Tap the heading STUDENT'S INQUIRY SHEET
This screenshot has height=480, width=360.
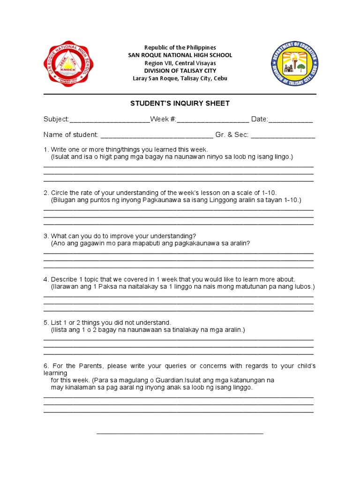pyautogui.click(x=180, y=104)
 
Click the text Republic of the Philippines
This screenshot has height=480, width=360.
pyautogui.click(x=180, y=47)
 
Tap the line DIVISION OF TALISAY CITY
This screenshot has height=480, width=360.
pyautogui.click(x=180, y=71)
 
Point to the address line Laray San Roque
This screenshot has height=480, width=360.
pyautogui.click(x=180, y=78)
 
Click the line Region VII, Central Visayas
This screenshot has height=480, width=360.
pyautogui.click(x=180, y=63)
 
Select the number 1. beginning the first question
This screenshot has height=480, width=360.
pyautogui.click(x=46, y=150)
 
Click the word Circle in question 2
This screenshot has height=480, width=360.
pyautogui.click(x=60, y=193)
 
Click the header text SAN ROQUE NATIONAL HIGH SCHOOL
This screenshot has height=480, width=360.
pyautogui.click(x=180, y=55)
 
